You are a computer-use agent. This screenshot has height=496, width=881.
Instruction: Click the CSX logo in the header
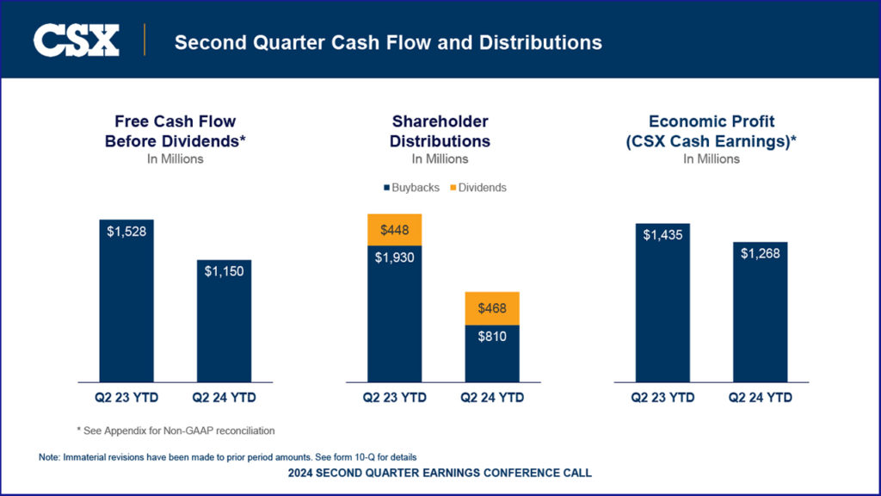(x=77, y=40)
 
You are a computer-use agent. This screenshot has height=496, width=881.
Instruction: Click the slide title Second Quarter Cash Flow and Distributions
(x=388, y=41)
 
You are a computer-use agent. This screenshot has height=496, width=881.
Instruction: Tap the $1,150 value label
(x=224, y=270)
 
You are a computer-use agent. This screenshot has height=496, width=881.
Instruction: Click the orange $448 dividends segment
(x=395, y=229)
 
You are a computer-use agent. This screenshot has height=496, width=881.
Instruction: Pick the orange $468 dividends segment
(x=492, y=307)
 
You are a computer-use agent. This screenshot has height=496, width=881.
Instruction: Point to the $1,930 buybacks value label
(x=395, y=257)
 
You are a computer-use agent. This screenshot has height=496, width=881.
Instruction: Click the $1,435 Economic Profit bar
(x=662, y=301)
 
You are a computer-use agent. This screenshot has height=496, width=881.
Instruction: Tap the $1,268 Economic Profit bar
(x=761, y=310)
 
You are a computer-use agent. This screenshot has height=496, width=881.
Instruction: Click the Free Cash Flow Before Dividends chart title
(x=176, y=131)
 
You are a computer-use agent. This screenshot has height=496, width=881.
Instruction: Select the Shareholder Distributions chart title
(x=440, y=131)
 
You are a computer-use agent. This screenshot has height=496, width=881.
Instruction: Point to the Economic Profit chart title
(x=711, y=131)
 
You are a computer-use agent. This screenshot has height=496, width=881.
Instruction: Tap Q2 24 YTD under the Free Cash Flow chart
(x=224, y=398)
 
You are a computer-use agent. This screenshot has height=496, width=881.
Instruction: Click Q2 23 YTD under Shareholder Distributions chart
(x=395, y=398)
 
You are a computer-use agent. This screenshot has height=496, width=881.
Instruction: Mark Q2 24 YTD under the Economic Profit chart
(x=761, y=398)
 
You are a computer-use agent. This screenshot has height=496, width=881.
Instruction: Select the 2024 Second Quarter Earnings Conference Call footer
(x=440, y=473)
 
